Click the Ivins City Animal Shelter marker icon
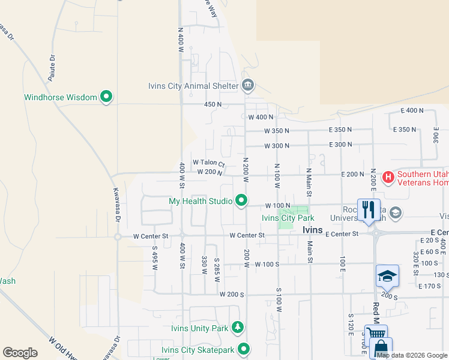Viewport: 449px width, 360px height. (x=247, y=85)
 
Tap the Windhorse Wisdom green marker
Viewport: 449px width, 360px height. (x=107, y=96)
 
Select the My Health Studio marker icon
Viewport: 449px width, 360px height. (x=242, y=200)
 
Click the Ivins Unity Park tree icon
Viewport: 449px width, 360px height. (x=239, y=328)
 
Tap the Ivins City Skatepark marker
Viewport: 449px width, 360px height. (x=244, y=349)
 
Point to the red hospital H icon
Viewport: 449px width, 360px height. (x=388, y=177)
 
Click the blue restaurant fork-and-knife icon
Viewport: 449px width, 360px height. (x=366, y=209)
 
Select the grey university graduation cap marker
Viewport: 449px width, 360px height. (x=396, y=212)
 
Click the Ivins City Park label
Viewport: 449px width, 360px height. (x=288, y=218)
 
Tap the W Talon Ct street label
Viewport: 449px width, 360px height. (x=208, y=163)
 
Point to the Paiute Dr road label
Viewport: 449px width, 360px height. (x=52, y=64)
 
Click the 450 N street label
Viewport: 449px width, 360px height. (x=212, y=104)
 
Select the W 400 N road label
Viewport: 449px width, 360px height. (x=261, y=117)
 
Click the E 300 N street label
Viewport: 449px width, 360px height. (x=340, y=145)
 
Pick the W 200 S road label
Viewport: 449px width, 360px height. (x=231, y=294)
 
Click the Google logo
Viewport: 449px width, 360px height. (x=20, y=353)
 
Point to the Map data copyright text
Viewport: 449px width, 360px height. (x=412, y=355)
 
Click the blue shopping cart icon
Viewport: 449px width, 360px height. (x=376, y=335)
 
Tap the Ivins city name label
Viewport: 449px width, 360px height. (x=312, y=230)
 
